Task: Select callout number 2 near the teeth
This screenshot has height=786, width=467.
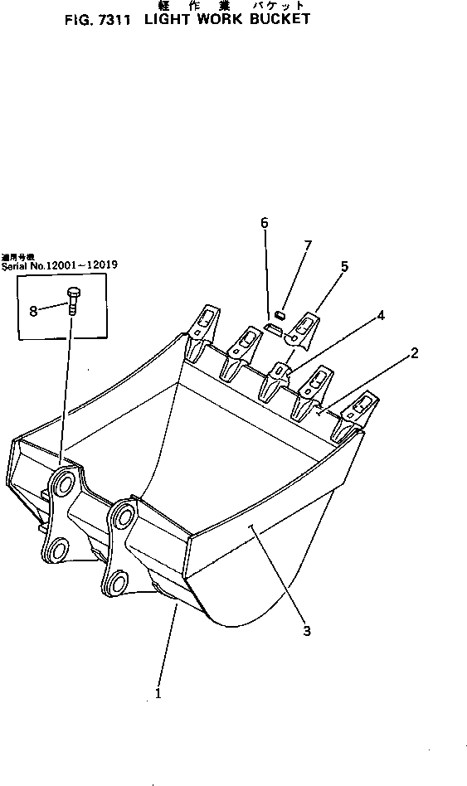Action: [415, 353]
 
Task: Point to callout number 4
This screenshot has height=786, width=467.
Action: [379, 315]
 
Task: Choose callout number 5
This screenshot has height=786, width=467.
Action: [344, 266]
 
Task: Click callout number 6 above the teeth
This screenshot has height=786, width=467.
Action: [265, 222]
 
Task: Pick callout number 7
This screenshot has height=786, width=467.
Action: [308, 245]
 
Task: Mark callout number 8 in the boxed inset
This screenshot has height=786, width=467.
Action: [33, 311]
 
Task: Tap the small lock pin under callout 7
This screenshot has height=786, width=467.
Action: [280, 314]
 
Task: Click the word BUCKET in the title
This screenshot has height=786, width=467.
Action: [280, 18]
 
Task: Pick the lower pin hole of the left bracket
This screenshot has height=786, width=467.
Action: [56, 549]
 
